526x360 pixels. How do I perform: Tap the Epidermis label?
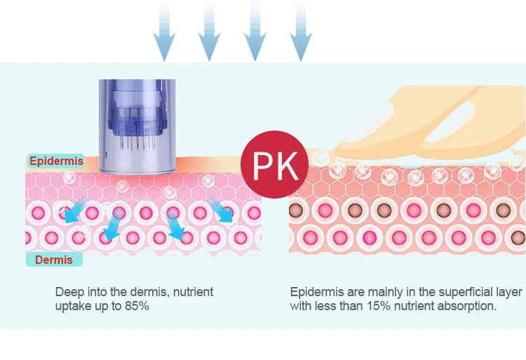[55, 161]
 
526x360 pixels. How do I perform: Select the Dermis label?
[54, 260]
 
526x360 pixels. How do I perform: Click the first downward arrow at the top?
[164, 32]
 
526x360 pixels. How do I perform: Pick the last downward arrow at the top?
[301, 32]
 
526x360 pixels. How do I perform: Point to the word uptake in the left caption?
[72, 307]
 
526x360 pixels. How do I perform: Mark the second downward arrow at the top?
[210, 32]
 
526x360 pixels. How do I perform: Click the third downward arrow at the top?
[255, 32]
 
